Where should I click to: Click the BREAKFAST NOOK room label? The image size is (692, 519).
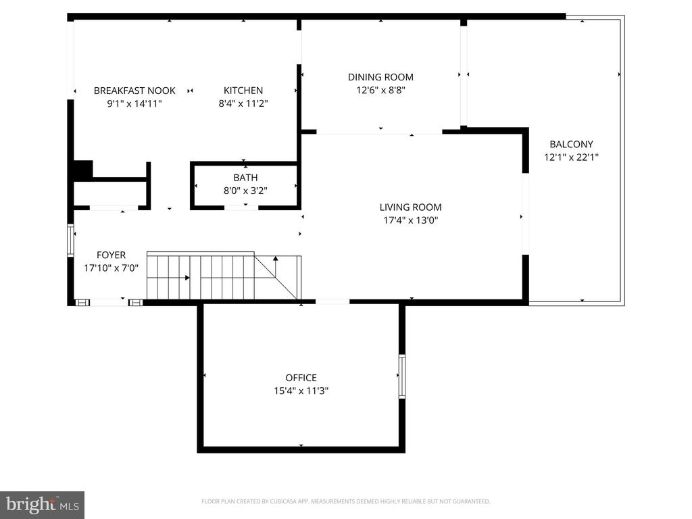134,91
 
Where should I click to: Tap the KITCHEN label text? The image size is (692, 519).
243,91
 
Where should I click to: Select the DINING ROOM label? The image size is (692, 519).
380,77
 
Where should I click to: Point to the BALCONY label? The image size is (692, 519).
571,144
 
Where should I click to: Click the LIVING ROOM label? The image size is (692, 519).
410,207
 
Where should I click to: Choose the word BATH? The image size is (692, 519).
245,178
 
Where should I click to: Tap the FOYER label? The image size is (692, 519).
112,255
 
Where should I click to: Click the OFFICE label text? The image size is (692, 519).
301,378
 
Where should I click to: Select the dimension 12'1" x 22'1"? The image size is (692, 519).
571,157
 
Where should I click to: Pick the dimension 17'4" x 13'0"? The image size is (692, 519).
410,220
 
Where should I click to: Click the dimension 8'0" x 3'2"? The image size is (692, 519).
245,191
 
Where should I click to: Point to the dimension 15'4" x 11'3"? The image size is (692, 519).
301,391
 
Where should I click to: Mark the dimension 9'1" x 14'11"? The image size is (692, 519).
134,103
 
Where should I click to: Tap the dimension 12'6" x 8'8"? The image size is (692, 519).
380,91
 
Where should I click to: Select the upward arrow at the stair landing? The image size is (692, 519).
276,265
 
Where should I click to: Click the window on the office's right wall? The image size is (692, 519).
401,376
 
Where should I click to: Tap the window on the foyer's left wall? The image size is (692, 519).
70,240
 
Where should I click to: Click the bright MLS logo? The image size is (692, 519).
43,505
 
